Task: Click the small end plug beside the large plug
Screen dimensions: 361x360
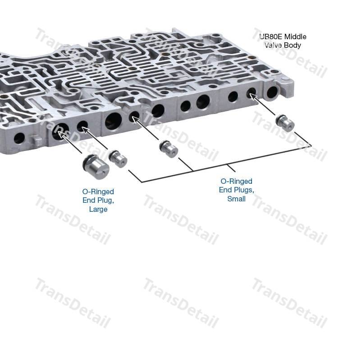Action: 118,158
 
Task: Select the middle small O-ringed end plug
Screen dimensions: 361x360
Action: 169,149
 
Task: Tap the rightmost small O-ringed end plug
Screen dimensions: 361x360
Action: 285,123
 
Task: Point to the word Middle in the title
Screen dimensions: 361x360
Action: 295,36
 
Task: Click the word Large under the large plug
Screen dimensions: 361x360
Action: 98,209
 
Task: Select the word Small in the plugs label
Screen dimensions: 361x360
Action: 237,199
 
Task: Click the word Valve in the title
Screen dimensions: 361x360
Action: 273,45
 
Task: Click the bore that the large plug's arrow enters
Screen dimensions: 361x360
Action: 60,132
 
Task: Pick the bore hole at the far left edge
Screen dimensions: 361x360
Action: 19,138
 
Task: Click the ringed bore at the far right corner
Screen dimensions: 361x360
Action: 272,92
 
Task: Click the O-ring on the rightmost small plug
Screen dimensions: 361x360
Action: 279,118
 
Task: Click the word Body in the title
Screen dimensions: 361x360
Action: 292,45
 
